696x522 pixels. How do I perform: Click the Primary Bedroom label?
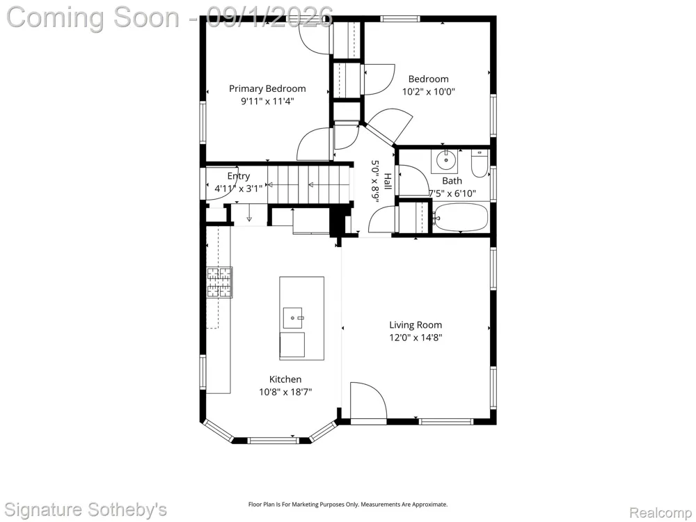267,89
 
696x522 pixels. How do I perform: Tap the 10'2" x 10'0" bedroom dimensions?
428,92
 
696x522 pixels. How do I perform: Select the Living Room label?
416,325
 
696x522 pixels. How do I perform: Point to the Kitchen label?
285,379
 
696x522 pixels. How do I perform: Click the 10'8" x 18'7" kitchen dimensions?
285,392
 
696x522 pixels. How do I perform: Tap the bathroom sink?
445,161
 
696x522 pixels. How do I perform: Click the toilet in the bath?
480,164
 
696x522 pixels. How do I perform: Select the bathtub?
460,217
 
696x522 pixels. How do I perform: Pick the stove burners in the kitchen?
219,282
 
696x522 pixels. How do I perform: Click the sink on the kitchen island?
292,318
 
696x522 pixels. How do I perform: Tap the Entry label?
238,176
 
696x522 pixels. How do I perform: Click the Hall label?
388,182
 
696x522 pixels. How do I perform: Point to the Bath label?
452,181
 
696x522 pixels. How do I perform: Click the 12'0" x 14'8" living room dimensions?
416,338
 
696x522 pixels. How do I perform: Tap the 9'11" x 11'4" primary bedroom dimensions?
267,102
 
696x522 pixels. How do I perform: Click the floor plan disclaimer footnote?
347,504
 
